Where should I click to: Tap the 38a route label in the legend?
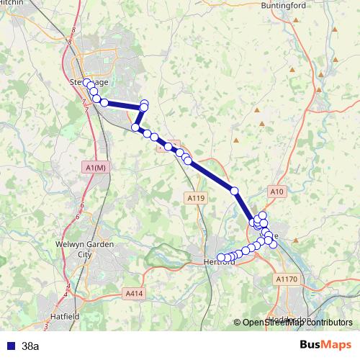tap(30, 346)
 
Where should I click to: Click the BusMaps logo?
tap(326, 345)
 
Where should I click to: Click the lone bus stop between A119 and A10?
tap(234, 190)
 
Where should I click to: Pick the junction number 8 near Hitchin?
tap(73, 30)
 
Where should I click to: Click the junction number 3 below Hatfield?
tap(47, 327)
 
